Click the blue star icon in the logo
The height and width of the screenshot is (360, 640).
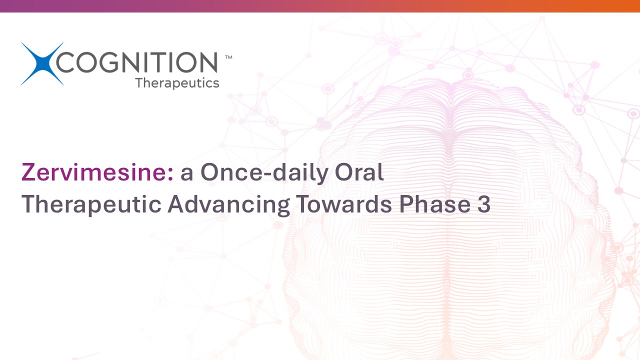pos(42,63)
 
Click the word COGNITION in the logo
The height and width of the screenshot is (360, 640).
pos(137,62)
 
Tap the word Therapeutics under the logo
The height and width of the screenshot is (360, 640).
pos(177,83)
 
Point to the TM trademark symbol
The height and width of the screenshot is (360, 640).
pos(228,57)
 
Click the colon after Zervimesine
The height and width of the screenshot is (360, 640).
pos(170,174)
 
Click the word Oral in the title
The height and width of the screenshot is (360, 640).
pos(359,172)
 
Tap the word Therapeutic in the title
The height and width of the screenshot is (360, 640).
pos(91,204)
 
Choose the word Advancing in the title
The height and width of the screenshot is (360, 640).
pos(229,204)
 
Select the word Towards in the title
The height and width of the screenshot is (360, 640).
pos(344,203)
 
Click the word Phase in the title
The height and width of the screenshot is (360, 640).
pos(435,203)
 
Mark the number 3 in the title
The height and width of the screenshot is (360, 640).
pos(483,204)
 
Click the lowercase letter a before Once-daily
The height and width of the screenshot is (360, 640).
pos(186,174)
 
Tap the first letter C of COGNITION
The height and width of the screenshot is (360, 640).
pos(65,62)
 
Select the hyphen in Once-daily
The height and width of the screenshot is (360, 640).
pos(267,174)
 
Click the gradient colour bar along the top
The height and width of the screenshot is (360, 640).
pos(320,6)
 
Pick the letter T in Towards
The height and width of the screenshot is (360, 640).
pos(303,204)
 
